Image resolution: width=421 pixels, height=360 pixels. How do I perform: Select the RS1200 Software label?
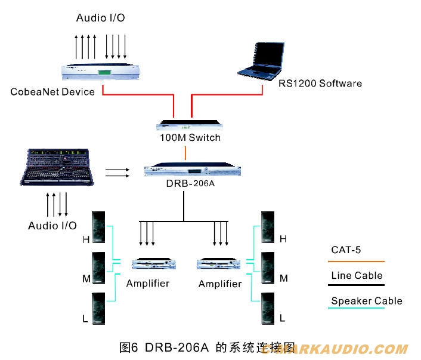[320, 83]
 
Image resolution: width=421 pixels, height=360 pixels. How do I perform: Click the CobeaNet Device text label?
[52, 92]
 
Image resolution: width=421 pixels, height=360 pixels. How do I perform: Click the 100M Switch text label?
[190, 138]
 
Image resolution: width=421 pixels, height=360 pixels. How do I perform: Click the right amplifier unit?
[219, 263]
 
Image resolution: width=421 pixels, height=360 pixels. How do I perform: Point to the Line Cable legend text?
[357, 275]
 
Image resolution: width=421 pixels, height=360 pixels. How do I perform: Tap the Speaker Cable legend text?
[366, 301]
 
